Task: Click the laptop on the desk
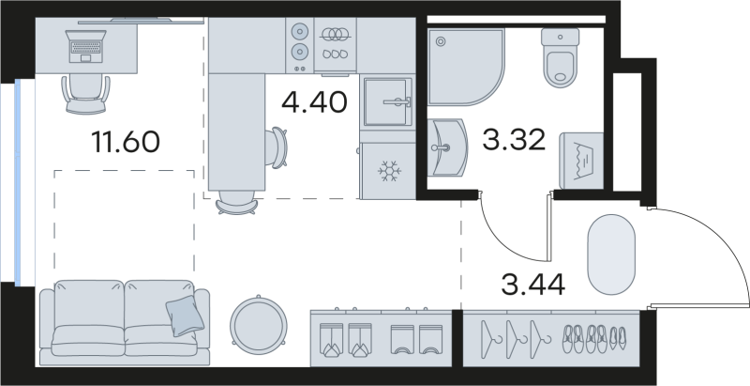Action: coord(85,45)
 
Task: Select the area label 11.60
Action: coord(126,143)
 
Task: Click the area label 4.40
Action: coord(319,101)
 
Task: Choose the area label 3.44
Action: coord(532,283)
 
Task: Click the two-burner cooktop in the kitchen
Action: coord(301,40)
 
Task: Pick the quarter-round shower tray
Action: coord(464,66)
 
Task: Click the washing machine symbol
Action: coord(579,158)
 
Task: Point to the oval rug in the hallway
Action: coord(611,253)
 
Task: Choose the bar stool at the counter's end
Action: coord(236,201)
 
